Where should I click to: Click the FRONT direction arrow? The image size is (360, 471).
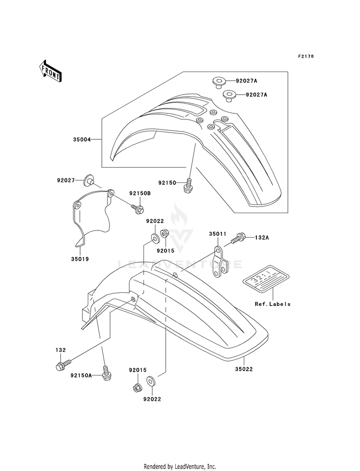(x=50, y=71)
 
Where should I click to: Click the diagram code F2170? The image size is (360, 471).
(x=306, y=56)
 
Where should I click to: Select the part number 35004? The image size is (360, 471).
(x=82, y=139)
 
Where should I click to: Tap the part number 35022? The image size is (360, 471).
(x=244, y=369)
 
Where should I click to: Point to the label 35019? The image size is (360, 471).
(x=80, y=259)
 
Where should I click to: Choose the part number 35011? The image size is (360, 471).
(x=218, y=234)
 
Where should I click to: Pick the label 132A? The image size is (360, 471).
(x=262, y=237)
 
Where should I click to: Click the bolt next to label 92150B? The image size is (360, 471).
(x=137, y=208)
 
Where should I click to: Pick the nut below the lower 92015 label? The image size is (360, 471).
(x=137, y=387)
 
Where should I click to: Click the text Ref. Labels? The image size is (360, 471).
(x=273, y=304)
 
